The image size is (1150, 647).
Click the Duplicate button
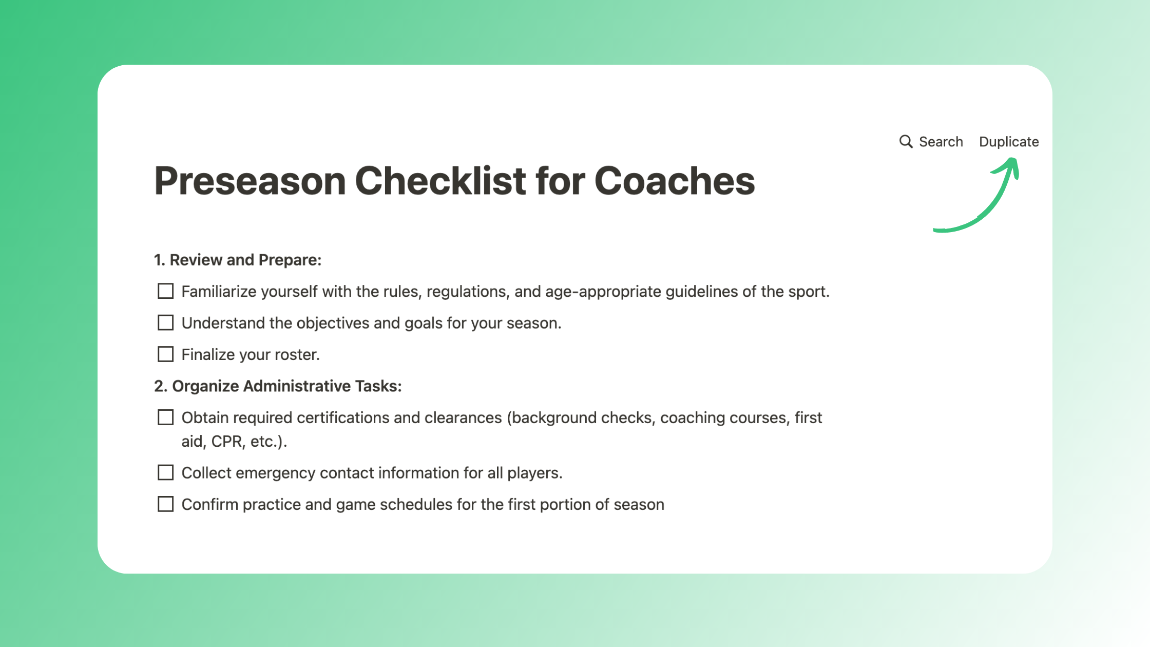(x=1008, y=142)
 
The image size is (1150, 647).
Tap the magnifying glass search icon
(x=906, y=142)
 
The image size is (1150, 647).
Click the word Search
(x=941, y=142)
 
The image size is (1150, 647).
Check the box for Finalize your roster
(x=165, y=354)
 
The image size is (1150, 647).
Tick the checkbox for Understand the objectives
(x=165, y=323)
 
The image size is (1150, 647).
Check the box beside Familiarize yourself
(x=165, y=291)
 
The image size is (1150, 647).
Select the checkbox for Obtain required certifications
(x=165, y=417)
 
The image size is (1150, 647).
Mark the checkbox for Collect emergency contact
(x=165, y=472)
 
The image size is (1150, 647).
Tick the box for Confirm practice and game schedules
(x=165, y=504)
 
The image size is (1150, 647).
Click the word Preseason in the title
(x=250, y=181)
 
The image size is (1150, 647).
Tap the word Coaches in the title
(x=675, y=181)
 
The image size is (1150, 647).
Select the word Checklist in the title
(x=440, y=181)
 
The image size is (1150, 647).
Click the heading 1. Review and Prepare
(x=238, y=260)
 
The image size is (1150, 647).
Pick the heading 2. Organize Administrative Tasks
(x=278, y=386)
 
